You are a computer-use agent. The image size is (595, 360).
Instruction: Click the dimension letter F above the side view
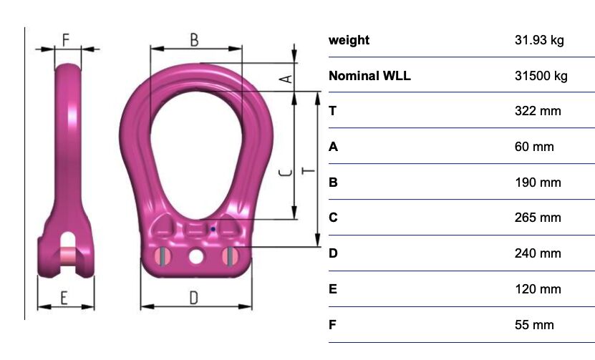click(66, 40)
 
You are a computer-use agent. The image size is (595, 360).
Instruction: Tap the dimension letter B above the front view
click(194, 40)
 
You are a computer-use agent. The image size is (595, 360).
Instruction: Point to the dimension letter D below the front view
click(194, 298)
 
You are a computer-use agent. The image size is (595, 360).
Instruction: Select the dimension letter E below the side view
click(64, 298)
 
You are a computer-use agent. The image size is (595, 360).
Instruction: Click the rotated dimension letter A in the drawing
click(286, 79)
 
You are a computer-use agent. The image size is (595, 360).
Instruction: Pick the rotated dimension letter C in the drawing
click(286, 173)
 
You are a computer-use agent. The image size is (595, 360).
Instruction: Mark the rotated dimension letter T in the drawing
click(308, 171)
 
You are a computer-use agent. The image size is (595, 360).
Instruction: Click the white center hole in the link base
click(195, 257)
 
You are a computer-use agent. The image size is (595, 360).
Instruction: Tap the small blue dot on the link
click(213, 229)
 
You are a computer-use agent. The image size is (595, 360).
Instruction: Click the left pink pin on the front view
click(162, 256)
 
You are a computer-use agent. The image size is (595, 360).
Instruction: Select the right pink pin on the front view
click(231, 256)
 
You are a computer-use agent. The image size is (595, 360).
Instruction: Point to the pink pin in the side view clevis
click(68, 256)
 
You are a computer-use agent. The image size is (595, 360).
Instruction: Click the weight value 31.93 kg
click(539, 40)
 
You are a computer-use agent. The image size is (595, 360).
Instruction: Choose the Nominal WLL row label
click(369, 76)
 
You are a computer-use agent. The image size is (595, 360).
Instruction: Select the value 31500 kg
click(541, 76)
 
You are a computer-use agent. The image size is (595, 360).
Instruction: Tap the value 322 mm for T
click(538, 111)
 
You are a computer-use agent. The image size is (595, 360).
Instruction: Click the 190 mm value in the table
click(538, 183)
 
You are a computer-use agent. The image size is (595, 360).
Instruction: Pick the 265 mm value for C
click(538, 218)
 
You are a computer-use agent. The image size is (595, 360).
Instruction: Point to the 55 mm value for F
click(534, 325)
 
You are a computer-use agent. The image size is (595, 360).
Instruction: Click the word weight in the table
click(349, 40)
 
